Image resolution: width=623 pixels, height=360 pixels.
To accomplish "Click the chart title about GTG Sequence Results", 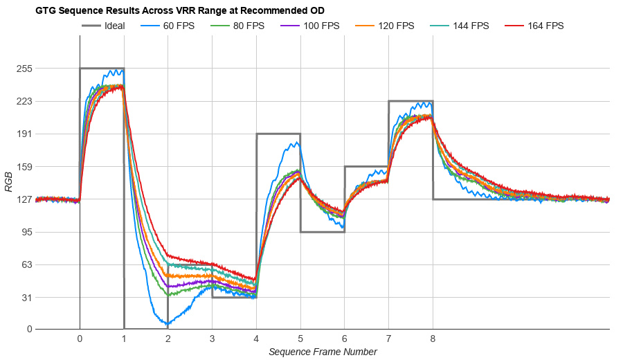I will (180, 11).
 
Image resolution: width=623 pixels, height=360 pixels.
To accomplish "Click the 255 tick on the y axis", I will (26, 69).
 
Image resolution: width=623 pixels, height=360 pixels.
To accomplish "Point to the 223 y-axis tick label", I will (26, 101).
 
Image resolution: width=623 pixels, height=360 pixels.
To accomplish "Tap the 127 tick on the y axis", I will (26, 199).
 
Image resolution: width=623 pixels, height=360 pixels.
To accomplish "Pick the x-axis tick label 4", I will (256, 339).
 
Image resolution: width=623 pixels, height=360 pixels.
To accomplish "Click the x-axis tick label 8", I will (433, 339).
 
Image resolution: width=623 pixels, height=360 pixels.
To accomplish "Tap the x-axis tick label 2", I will (168, 339).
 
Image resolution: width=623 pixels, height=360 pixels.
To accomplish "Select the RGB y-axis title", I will (9, 181).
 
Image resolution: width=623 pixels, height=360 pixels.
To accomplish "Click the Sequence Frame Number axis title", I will (323, 352).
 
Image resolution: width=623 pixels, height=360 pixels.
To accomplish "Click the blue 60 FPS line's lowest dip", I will (168, 323).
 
